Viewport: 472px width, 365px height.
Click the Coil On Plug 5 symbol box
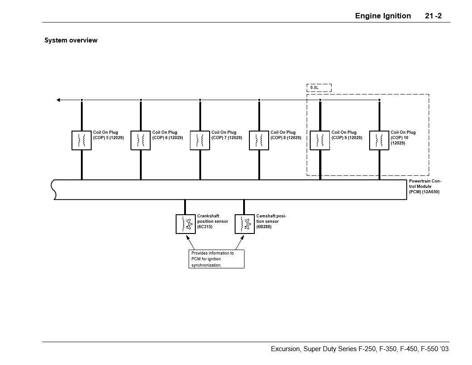tap(81, 140)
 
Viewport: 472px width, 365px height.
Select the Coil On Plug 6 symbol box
tap(140, 140)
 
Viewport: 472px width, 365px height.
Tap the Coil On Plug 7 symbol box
tap(200, 140)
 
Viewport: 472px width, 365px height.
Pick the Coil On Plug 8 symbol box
tap(259, 140)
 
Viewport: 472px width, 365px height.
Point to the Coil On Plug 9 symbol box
tap(320, 140)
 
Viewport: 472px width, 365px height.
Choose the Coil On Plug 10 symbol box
tap(379, 140)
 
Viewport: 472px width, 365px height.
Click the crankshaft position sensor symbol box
tap(185, 224)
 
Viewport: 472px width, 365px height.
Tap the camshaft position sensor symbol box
tap(244, 224)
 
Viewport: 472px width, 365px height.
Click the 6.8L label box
tap(319, 88)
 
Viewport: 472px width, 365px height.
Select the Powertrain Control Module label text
tap(425, 187)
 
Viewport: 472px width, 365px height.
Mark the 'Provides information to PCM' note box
tap(217, 259)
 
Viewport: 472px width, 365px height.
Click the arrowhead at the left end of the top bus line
tap(59, 100)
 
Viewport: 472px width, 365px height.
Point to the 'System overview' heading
tap(71, 40)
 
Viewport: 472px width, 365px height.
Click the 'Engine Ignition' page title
tap(383, 16)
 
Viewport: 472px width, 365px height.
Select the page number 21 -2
tap(433, 16)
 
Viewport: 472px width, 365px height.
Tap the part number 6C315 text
tap(205, 227)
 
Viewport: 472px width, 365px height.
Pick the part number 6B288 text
tap(264, 227)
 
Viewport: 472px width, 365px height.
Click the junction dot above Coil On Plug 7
tap(200, 100)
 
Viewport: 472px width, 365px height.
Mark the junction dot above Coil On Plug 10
tap(379, 100)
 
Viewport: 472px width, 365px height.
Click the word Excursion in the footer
tap(286, 349)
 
